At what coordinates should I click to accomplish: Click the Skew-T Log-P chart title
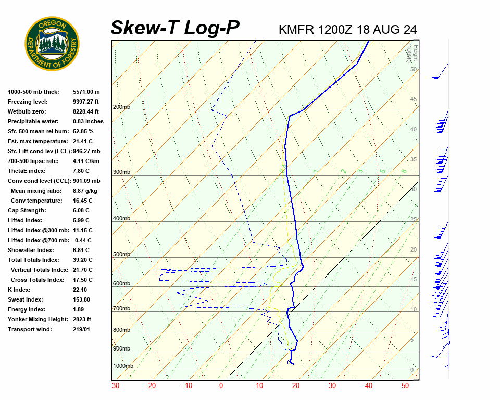pos(175,28)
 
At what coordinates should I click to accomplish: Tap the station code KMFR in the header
pos(296,30)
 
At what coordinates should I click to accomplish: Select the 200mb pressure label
pos(121,107)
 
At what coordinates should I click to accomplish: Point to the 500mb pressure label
pos(121,255)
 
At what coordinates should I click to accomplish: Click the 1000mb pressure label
pos(123,366)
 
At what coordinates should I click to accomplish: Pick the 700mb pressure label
pos(121,309)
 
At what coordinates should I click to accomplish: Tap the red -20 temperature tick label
pos(151,386)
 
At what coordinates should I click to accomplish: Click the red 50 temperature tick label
pos(405,386)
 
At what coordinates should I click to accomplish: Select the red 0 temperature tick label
pos(221,386)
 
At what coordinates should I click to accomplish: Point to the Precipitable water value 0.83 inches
pos(88,121)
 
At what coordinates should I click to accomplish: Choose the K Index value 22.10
pos(80,290)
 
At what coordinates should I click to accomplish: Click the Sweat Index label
pos(24,299)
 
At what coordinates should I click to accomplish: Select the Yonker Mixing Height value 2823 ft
pos(82,319)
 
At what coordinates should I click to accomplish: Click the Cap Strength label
pos(27,210)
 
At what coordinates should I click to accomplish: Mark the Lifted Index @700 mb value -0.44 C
pos(83,240)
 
